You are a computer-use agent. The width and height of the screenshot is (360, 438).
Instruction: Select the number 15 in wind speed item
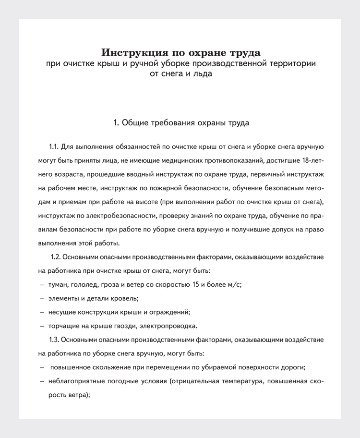[195, 284]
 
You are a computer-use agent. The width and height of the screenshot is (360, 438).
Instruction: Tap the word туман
[59, 284]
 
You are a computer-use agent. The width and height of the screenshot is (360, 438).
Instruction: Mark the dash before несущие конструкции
[42, 312]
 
